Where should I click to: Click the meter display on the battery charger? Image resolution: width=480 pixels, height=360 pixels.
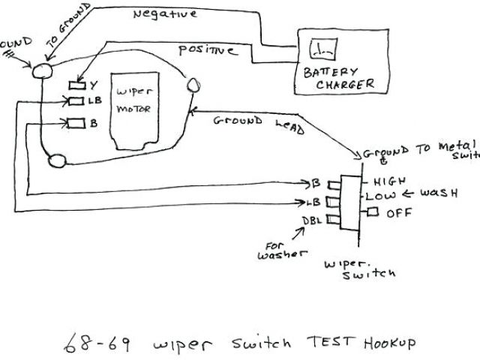tap(324, 51)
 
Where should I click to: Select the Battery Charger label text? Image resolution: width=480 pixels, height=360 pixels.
tap(338, 78)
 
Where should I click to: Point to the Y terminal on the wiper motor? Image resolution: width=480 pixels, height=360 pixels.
tap(76, 85)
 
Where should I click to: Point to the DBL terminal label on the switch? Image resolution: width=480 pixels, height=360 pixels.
tap(313, 220)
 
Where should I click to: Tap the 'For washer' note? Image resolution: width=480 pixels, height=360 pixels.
tap(283, 250)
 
